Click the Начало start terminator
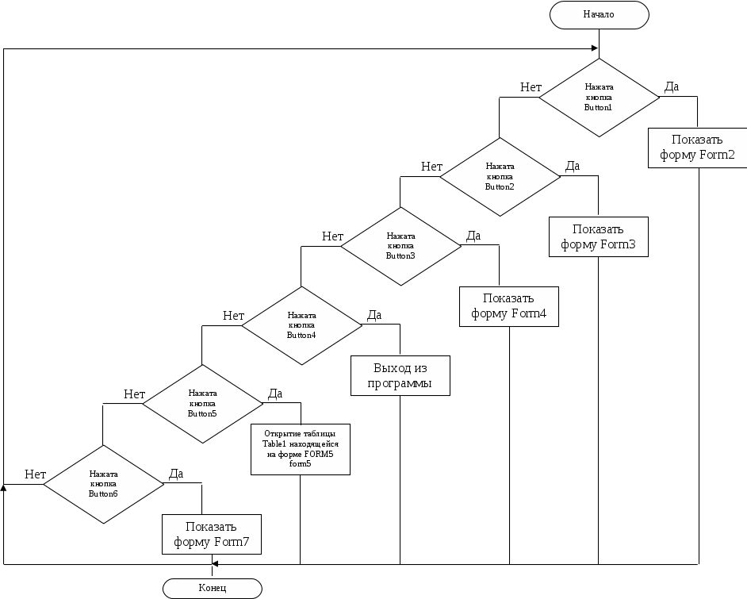[599, 14]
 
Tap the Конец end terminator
[212, 588]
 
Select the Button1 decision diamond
[599, 97]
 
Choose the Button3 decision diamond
[400, 246]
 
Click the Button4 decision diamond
[301, 325]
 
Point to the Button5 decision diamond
[202, 403]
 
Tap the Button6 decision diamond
[103, 483]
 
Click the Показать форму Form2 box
[698, 147]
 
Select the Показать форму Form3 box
[599, 236]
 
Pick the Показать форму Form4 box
[509, 306]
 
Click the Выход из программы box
[400, 376]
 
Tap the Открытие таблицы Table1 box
[301, 449]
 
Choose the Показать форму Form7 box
[212, 534]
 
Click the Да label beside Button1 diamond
[671, 87]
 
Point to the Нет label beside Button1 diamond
[531, 87]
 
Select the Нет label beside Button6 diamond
[35, 474]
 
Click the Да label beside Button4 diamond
[374, 315]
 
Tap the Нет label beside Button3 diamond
[332, 236]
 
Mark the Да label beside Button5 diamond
[275, 394]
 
